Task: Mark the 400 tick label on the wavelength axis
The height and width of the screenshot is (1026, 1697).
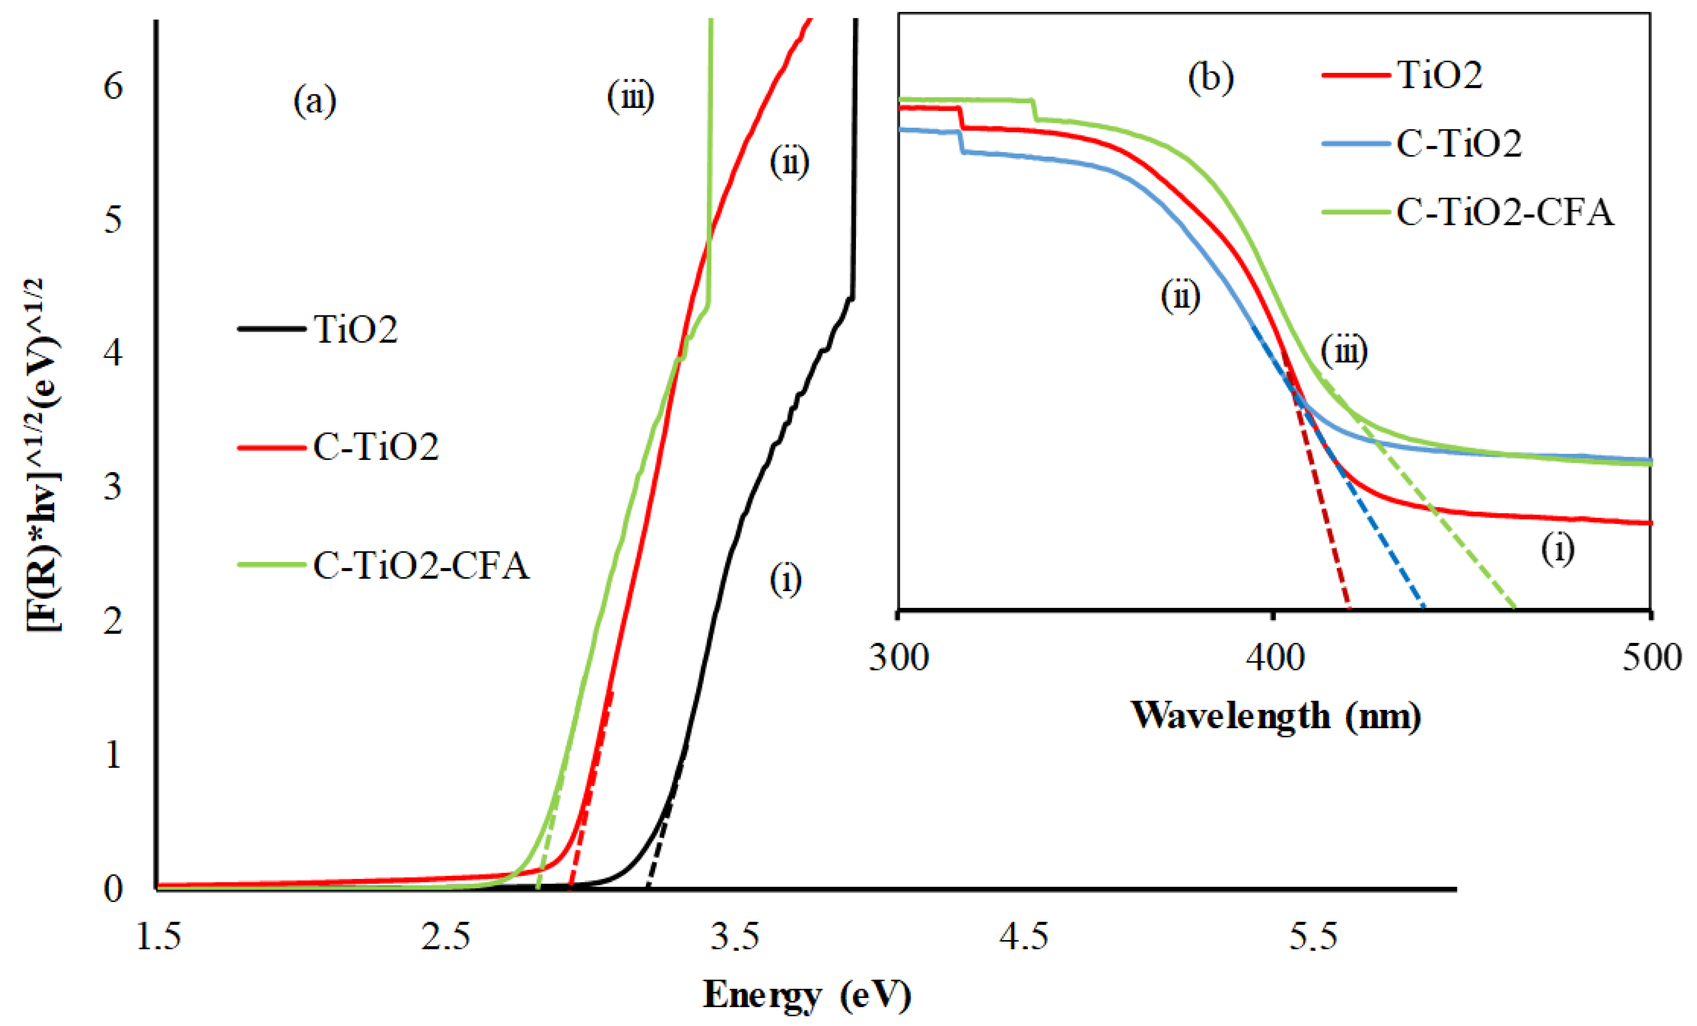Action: point(1275,658)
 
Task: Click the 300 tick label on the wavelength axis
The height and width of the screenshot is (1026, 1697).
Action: point(899,658)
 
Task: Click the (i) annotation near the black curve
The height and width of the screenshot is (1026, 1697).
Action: point(785,580)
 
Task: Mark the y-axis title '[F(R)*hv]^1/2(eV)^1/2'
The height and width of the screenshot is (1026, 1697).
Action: point(43,454)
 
